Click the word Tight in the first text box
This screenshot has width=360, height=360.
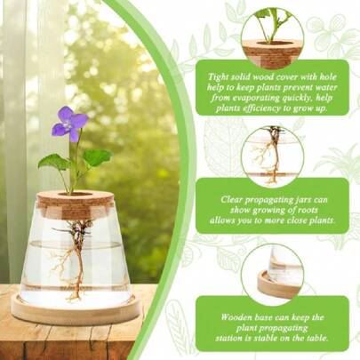tap(218, 76)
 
